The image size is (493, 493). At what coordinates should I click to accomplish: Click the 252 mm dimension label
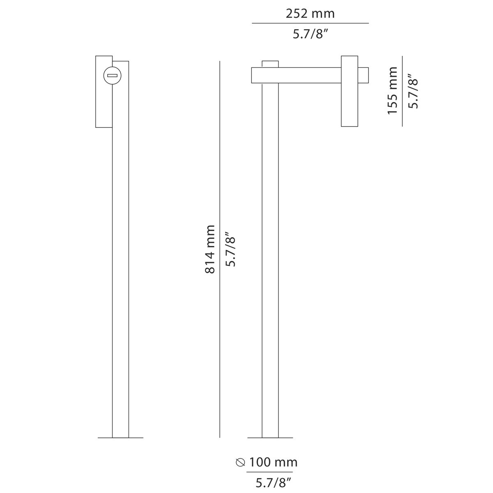(310, 14)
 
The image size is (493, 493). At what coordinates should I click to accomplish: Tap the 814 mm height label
(210, 249)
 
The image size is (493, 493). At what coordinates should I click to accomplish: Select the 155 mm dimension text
(393, 90)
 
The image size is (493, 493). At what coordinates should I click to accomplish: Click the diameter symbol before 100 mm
(240, 463)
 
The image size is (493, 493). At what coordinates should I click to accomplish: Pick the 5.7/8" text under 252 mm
(310, 34)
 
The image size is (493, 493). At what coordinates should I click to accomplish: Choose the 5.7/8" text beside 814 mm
(231, 249)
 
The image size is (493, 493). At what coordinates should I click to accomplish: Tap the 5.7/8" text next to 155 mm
(412, 91)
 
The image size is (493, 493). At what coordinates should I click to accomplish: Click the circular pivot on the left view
(112, 75)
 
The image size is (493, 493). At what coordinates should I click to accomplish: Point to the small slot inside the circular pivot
(112, 75)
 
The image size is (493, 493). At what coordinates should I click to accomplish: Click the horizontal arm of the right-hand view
(296, 75)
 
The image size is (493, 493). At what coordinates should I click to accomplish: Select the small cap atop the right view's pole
(270, 64)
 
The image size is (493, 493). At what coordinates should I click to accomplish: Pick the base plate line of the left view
(120, 438)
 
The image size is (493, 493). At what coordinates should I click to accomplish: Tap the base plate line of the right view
(270, 438)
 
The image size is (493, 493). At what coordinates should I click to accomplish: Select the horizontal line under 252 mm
(310, 23)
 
